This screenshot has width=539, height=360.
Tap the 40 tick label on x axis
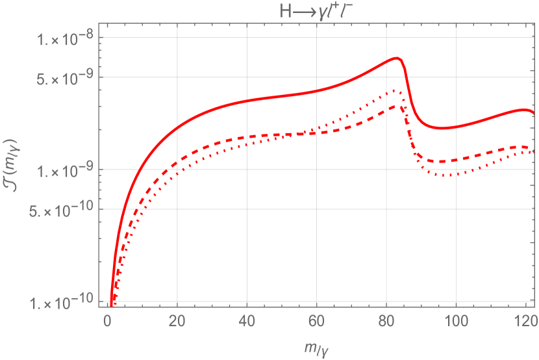(x=247, y=321)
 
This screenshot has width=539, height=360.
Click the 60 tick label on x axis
(x=316, y=321)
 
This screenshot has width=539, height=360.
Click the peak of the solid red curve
(x=396, y=58)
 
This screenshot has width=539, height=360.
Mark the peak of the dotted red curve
(x=394, y=91)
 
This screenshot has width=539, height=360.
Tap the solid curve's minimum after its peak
(x=442, y=129)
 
